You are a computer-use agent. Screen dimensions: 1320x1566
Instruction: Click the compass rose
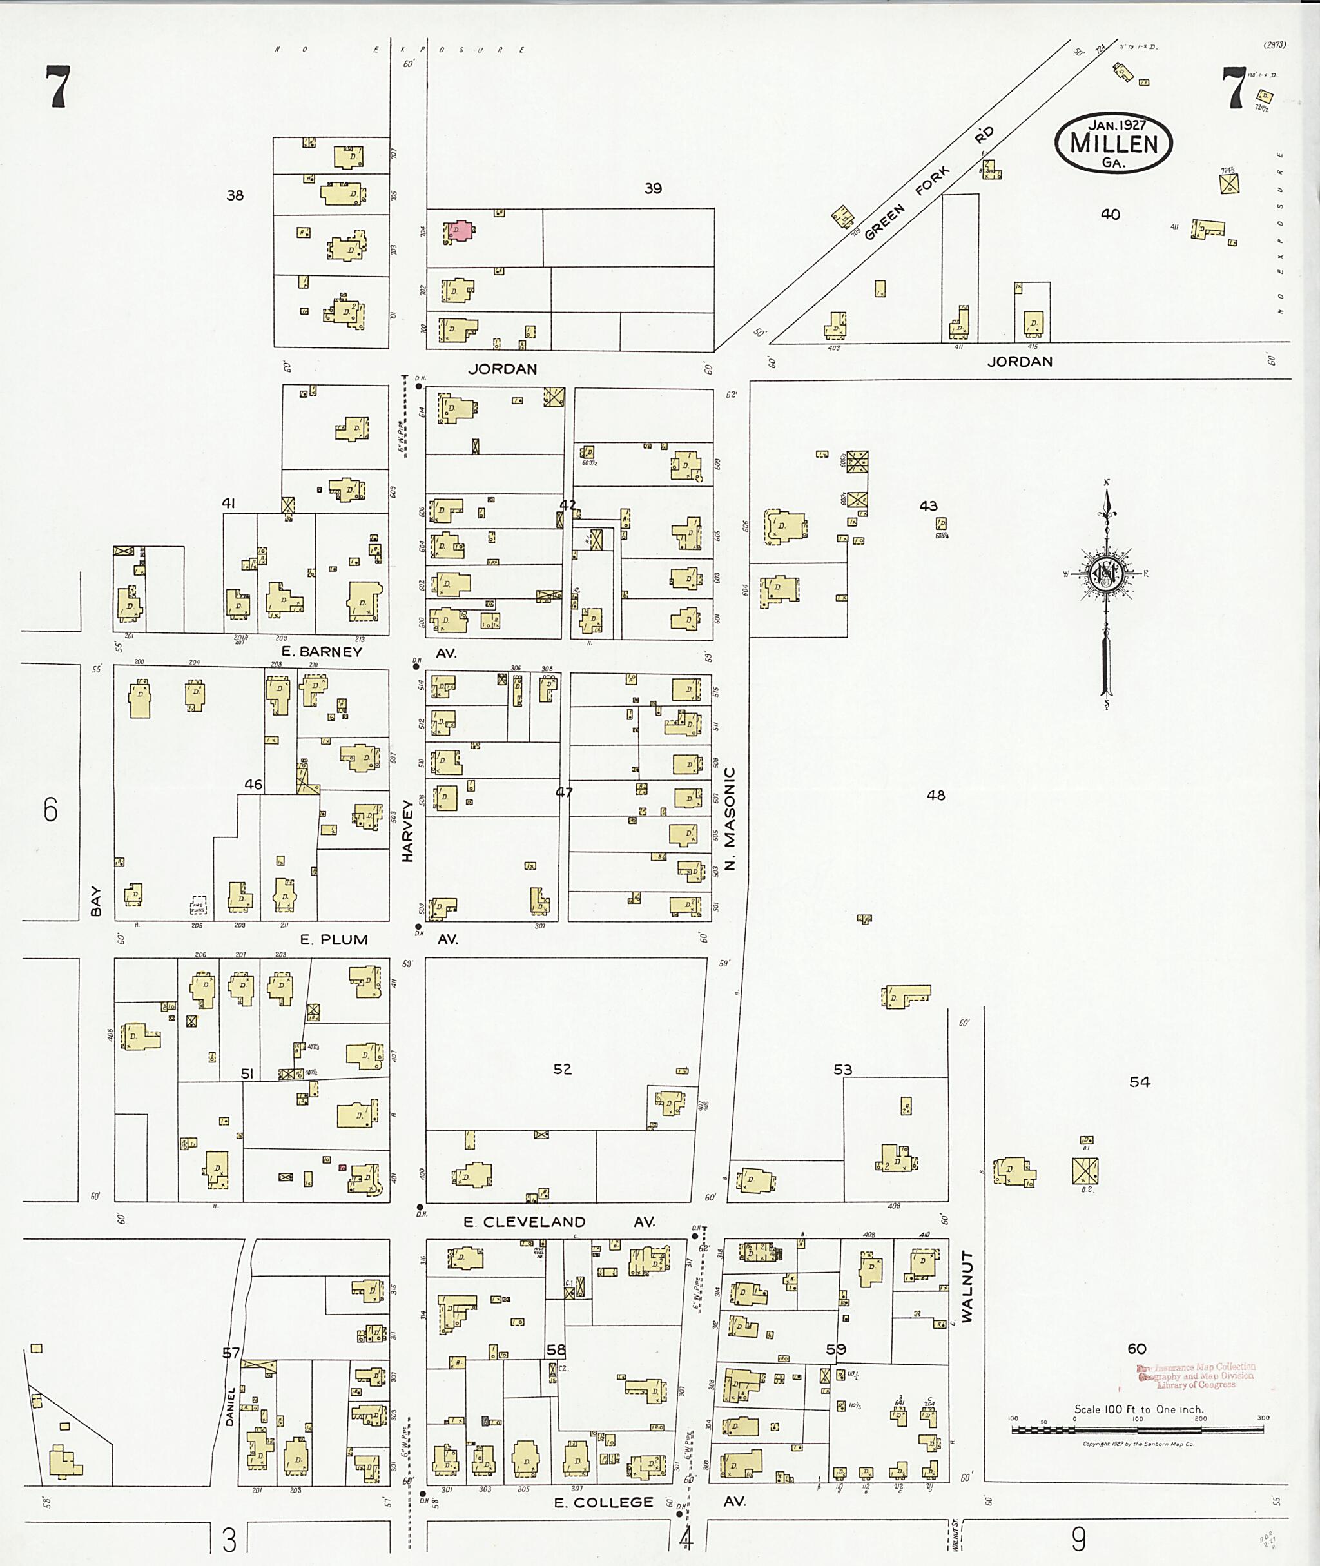[1105, 574]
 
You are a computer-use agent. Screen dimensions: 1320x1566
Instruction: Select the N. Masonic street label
[730, 817]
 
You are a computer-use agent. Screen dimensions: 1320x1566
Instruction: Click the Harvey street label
[408, 831]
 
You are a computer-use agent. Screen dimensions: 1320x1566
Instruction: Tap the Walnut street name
[967, 1286]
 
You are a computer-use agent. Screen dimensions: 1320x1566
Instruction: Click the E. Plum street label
[334, 939]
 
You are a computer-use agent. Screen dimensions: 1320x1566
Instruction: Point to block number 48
[935, 795]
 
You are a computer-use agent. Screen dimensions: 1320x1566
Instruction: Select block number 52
[562, 1069]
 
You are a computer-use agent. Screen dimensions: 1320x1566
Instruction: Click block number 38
[235, 195]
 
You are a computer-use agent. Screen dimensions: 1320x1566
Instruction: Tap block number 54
[1139, 1082]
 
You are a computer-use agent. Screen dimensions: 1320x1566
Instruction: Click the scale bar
[1138, 1429]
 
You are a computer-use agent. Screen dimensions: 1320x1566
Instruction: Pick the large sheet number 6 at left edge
[50, 809]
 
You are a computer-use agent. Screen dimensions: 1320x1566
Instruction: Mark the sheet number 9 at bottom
[1078, 1539]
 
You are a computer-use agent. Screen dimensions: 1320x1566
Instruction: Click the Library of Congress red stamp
[1195, 1376]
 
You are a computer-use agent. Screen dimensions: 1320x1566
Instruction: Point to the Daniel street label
[231, 1407]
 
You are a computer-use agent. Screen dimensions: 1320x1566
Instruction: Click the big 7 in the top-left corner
[57, 87]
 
